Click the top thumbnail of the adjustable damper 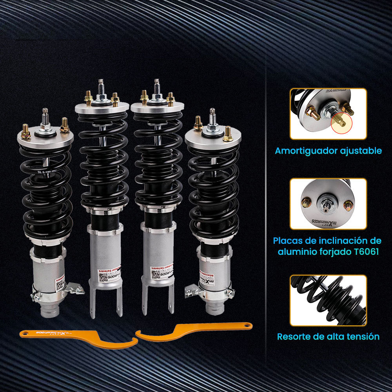coord(328,114)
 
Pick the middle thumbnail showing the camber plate coord(328,204)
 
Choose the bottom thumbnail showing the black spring coord(328,300)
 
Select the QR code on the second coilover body coord(102,277)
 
